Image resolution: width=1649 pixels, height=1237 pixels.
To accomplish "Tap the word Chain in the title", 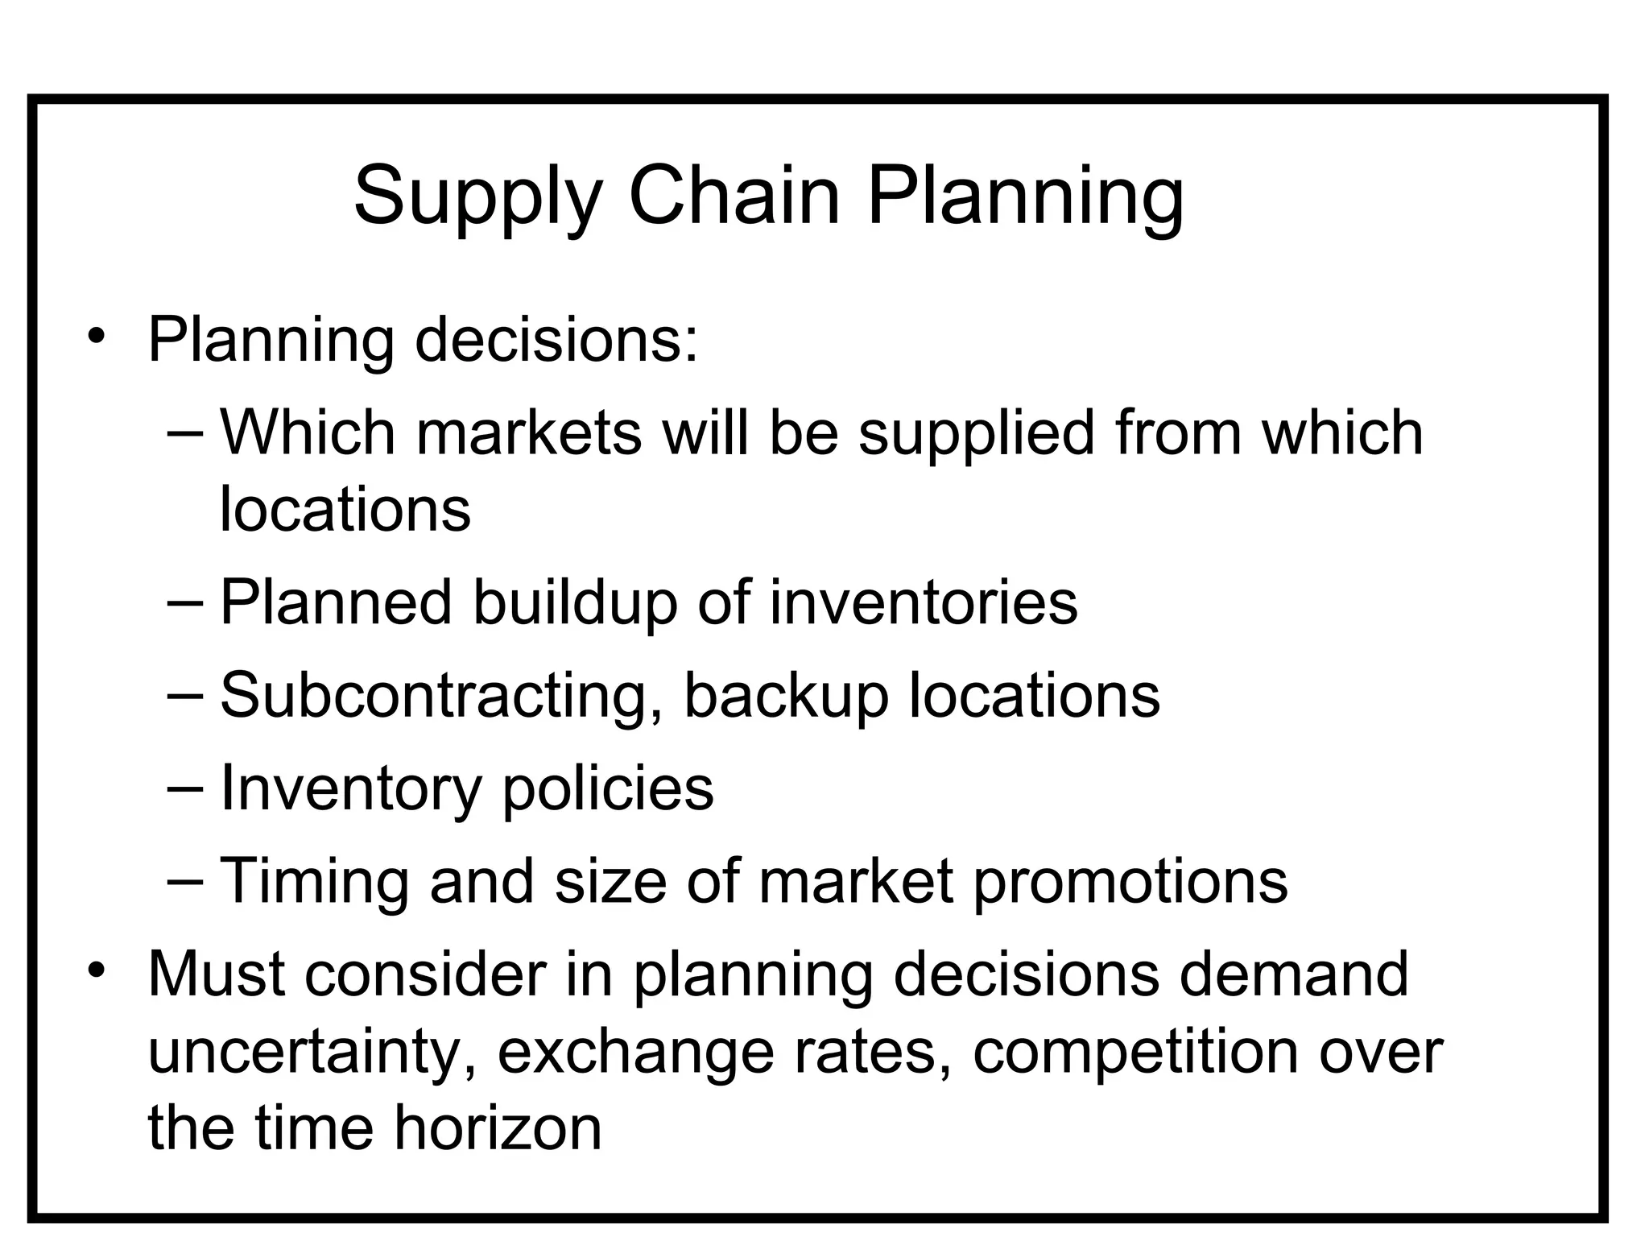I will click(x=734, y=195).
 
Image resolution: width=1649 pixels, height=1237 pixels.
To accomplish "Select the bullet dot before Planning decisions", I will click(x=97, y=336).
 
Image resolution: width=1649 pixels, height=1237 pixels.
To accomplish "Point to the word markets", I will click(x=529, y=432).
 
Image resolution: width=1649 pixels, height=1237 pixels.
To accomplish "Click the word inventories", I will click(x=924, y=602).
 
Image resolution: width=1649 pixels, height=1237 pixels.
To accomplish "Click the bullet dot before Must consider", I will click(x=97, y=970).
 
